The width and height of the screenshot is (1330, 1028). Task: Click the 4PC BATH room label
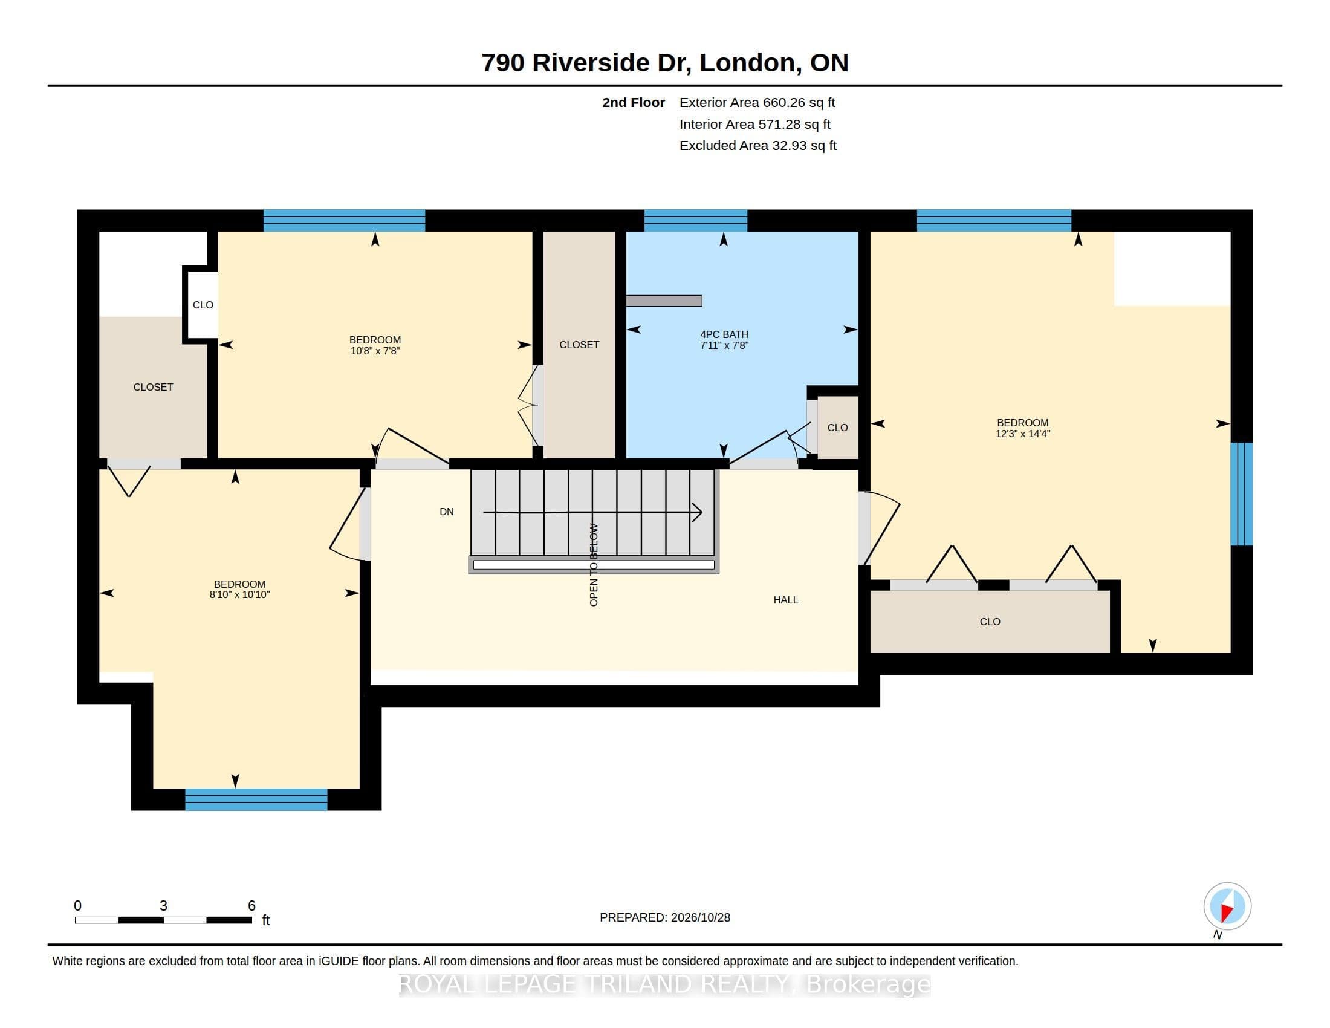click(x=724, y=334)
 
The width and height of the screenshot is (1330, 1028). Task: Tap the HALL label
click(x=785, y=600)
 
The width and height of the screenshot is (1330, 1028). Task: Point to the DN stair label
click(x=446, y=512)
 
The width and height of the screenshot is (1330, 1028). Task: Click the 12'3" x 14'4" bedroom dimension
click(x=1022, y=434)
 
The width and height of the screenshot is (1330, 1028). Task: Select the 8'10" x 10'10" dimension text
click(x=239, y=594)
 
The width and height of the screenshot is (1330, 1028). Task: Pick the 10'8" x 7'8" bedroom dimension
click(x=375, y=351)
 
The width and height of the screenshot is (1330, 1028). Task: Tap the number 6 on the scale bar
click(x=251, y=906)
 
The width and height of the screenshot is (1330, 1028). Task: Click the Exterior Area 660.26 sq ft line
click(x=757, y=102)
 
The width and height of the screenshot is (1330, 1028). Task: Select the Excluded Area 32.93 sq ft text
click(x=757, y=146)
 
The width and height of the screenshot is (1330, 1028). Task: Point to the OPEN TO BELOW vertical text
click(x=594, y=565)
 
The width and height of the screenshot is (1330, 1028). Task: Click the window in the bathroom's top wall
click(x=695, y=221)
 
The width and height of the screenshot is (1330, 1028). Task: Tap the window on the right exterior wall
click(x=1241, y=494)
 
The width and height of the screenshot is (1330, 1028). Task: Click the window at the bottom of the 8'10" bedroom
click(x=256, y=799)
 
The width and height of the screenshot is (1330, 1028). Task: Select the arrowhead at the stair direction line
click(x=697, y=512)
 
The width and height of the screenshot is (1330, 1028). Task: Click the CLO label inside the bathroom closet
click(x=837, y=428)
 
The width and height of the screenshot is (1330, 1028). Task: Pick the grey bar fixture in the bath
click(x=664, y=301)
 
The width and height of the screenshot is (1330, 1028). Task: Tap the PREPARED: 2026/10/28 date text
click(x=665, y=917)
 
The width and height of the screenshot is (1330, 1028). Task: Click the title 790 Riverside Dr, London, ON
click(x=665, y=63)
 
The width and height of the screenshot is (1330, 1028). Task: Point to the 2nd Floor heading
click(x=634, y=102)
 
